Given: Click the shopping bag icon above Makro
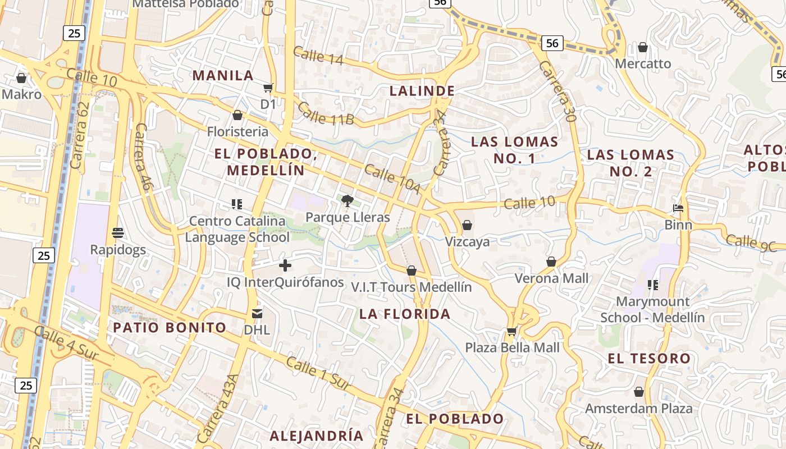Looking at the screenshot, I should click(21, 78).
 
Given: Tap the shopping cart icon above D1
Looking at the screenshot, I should click(268, 88).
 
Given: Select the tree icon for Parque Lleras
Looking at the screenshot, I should click(348, 200).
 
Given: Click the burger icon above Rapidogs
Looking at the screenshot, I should click(118, 232).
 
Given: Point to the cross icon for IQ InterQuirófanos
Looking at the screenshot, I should click(285, 265).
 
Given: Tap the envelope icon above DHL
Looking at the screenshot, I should click(257, 313).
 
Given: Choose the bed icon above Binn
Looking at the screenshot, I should click(678, 208).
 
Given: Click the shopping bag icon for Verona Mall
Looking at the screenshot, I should click(551, 262).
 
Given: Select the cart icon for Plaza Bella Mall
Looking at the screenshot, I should click(511, 331).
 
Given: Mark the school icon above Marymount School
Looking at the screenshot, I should click(652, 285).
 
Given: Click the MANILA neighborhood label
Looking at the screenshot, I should click(223, 75).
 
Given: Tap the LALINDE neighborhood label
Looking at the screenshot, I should click(422, 90).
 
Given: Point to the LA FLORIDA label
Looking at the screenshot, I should click(405, 314).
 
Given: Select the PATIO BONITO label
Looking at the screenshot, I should click(170, 327).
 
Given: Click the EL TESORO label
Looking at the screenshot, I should click(649, 358).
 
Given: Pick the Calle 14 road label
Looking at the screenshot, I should click(318, 56).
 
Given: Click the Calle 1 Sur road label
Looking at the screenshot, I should click(318, 373).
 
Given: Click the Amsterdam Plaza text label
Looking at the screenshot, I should click(639, 409).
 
